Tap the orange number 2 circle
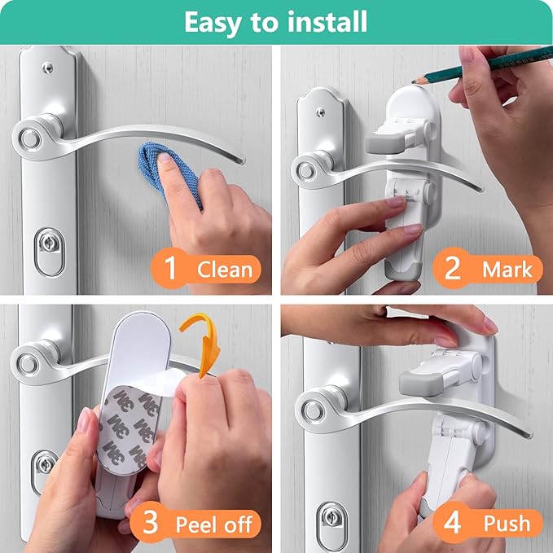(x=453, y=268)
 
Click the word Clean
(x=223, y=268)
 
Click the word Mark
(x=506, y=268)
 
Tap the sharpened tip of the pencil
(x=415, y=80)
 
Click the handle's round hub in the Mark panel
(x=308, y=170)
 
